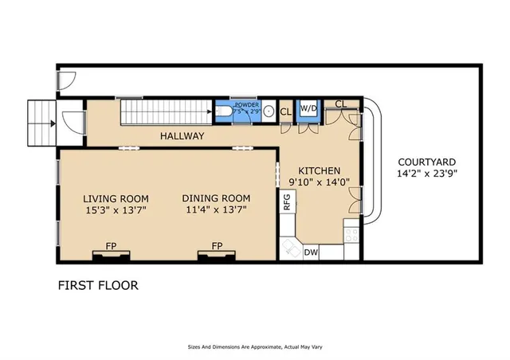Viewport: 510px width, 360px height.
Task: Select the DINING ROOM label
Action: coord(215,198)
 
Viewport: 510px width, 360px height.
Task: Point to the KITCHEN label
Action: coord(319,170)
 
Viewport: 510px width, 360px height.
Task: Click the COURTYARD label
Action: coord(426,159)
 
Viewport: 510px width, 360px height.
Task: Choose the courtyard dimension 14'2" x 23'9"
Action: coord(426,172)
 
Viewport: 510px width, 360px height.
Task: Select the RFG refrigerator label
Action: coord(287,202)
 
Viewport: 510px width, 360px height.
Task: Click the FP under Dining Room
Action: coord(216,246)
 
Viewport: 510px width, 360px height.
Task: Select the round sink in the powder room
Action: coord(269,112)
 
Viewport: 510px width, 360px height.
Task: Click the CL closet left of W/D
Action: coord(285,112)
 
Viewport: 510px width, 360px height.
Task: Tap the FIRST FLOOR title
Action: coord(98,284)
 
